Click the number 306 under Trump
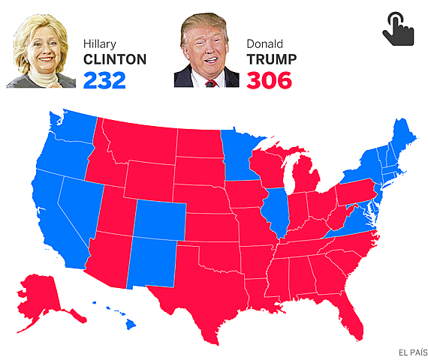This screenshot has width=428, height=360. [270, 79]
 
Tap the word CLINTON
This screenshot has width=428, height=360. [115, 59]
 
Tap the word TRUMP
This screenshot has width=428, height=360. [271, 59]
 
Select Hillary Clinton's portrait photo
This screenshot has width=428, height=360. [45, 51]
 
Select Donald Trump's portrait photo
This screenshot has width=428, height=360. [206, 50]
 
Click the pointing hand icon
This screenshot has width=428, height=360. [398, 28]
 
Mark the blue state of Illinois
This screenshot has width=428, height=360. [275, 214]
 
